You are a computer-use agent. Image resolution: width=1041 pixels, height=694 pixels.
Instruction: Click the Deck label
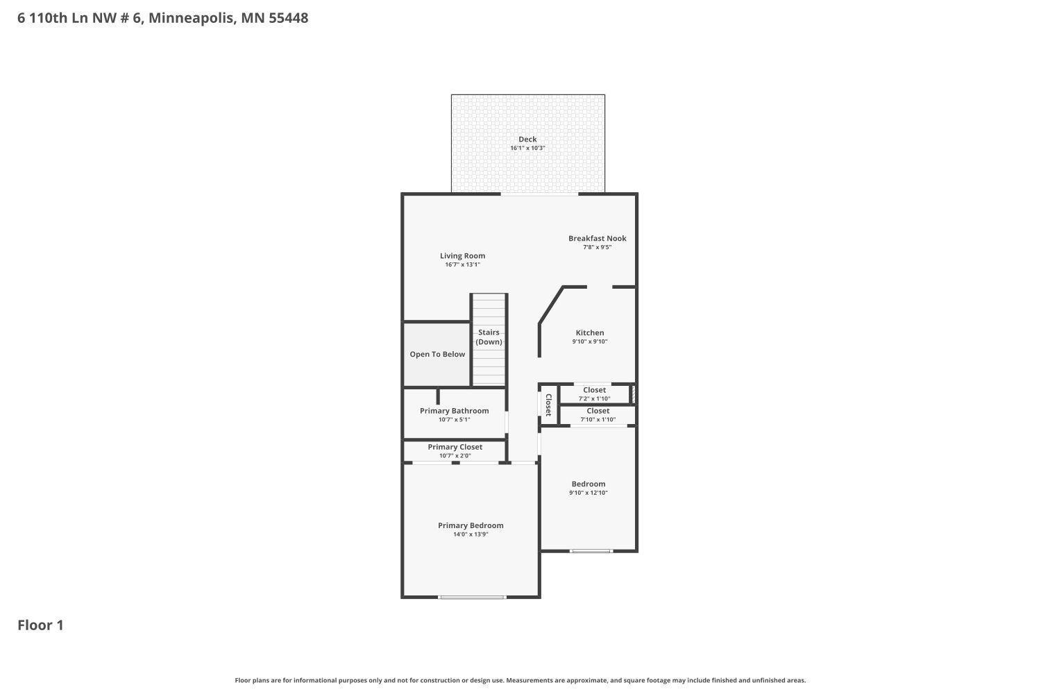click(527, 139)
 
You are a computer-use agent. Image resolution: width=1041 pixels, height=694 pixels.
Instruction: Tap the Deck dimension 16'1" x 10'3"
click(527, 148)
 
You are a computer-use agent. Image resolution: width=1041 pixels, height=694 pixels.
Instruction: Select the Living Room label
click(462, 256)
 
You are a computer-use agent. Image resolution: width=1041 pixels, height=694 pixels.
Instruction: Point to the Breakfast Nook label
click(597, 238)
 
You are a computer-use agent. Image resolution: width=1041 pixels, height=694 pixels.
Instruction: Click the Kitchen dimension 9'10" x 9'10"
click(590, 341)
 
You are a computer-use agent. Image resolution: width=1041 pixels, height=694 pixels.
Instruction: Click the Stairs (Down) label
click(489, 337)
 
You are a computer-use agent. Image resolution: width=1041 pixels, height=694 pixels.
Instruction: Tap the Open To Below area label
click(437, 354)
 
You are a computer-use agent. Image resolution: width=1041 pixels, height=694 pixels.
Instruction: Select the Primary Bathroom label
click(454, 411)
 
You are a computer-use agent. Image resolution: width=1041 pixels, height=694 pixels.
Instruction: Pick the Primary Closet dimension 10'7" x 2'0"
click(455, 456)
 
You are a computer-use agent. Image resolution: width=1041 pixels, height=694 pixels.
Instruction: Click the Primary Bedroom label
click(471, 525)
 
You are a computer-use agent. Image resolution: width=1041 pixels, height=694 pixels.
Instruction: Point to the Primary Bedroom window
click(472, 597)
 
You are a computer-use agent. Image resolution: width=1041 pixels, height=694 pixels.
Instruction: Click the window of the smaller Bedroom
click(591, 551)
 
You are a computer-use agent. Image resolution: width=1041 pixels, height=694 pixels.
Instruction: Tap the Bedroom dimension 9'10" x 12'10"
click(589, 493)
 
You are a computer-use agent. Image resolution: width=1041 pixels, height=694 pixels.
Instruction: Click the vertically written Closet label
click(548, 405)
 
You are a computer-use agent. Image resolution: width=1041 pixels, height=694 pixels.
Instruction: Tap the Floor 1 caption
click(40, 625)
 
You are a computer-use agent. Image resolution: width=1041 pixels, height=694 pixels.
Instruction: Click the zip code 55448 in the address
click(288, 18)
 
